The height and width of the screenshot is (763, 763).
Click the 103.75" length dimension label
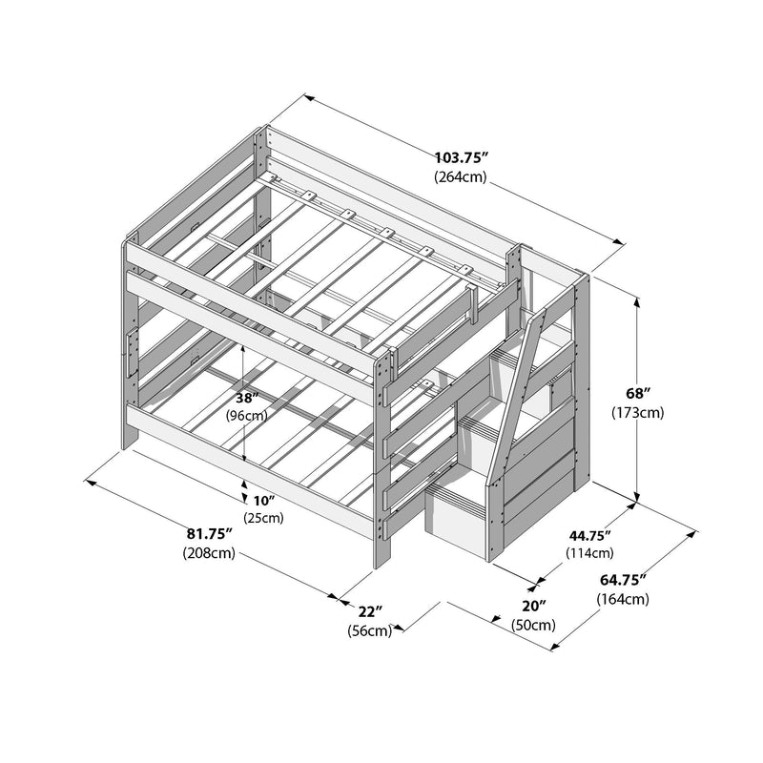pyautogui.click(x=462, y=158)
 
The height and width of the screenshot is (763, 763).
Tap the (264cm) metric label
pyautogui.click(x=462, y=177)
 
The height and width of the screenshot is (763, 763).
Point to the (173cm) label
pyautogui.click(x=637, y=412)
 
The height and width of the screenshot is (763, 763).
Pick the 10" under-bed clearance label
pyautogui.click(x=262, y=501)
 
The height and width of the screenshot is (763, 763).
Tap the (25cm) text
pyautogui.click(x=262, y=518)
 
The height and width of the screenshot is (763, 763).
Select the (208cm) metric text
pyautogui.click(x=208, y=554)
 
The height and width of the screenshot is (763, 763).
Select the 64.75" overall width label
pyautogui.click(x=623, y=580)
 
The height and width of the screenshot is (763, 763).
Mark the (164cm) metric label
pyautogui.click(x=623, y=599)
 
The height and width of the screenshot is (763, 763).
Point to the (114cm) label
pyautogui.click(x=591, y=552)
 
